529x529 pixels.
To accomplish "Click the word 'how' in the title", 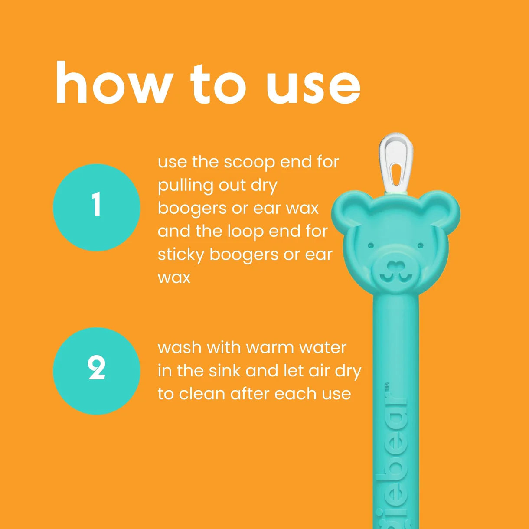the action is (113, 82).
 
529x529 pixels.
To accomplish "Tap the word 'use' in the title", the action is (313, 88).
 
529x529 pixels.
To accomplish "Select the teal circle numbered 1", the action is (97, 208).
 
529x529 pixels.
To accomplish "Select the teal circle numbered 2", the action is (97, 371).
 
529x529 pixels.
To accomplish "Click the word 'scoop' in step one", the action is (249, 163).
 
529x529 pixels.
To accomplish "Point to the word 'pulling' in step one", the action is (185, 186).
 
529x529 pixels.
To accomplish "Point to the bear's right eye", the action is (420, 245).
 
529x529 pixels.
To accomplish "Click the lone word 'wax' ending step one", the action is (174, 278).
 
